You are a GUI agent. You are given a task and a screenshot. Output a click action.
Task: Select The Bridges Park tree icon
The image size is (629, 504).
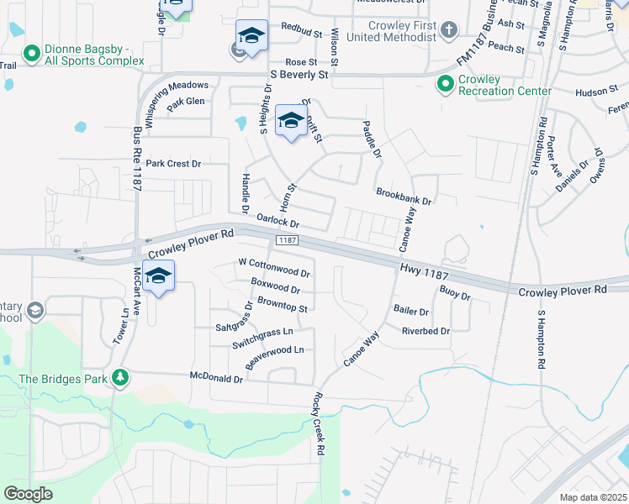click(x=121, y=378)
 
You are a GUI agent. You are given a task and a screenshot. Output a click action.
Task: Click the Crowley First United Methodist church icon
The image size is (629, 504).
click(x=449, y=31)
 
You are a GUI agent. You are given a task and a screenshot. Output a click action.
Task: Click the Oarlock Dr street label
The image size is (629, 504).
click(x=277, y=221)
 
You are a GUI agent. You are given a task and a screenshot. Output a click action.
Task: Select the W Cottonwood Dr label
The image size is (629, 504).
click(x=275, y=271)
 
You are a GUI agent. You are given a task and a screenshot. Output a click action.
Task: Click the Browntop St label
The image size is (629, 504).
click(x=283, y=303)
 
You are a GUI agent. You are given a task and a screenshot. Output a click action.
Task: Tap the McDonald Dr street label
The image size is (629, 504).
click(x=216, y=379)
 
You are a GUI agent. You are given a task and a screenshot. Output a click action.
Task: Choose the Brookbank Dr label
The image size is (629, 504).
click(x=404, y=197)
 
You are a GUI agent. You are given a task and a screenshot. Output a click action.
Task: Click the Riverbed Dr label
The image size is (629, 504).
click(x=426, y=331)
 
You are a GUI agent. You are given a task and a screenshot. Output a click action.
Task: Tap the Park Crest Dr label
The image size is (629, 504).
click(x=174, y=164)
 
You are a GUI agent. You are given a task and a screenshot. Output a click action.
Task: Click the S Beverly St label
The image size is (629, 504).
click(x=299, y=75)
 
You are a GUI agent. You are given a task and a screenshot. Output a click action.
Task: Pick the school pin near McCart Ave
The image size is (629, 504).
click(x=158, y=276)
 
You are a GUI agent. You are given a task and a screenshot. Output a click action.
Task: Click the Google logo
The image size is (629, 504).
click(x=29, y=494)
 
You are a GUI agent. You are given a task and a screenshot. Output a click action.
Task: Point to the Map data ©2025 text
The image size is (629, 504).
click(x=593, y=497)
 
